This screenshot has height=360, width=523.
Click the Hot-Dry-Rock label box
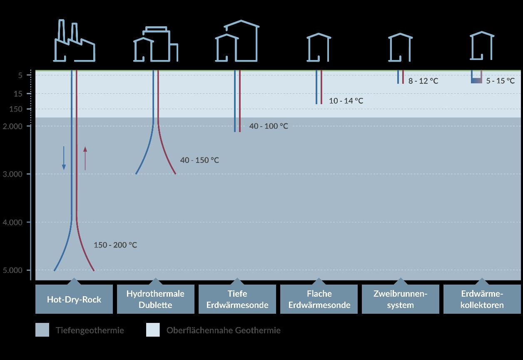click(74, 299)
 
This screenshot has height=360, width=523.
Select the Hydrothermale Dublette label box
click(155, 299)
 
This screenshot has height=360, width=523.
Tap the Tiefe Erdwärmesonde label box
click(237, 299)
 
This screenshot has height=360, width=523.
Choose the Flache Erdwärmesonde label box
click(319, 299)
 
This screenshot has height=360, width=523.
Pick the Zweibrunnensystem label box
click(401, 299)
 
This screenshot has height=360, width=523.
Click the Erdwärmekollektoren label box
click(482, 299)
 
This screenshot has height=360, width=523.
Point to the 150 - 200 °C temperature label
click(115, 245)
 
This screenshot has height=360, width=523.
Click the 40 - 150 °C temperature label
click(199, 160)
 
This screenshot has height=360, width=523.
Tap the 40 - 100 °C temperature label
click(269, 126)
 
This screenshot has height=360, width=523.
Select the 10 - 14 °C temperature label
click(346, 101)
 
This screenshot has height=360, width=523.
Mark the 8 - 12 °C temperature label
click(423, 81)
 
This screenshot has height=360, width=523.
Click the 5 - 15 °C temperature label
click(501, 81)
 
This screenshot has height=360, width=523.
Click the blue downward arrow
click(64, 158)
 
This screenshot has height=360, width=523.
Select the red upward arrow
click(85, 158)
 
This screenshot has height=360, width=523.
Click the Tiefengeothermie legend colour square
click(42, 330)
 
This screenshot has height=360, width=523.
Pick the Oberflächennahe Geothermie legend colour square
click(153, 330)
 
